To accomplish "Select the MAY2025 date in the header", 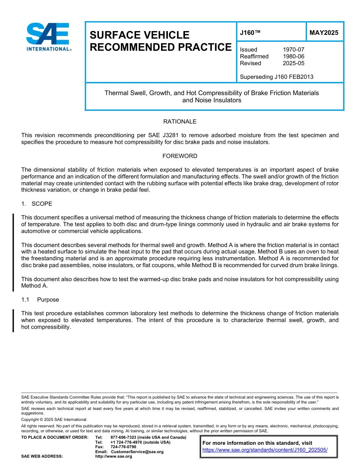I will tap(324, 33).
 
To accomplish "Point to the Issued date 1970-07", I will tap(293, 50).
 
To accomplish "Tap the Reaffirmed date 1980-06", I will tap(293, 56).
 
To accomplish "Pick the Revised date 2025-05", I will tap(293, 63).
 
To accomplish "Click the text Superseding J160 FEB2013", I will tap(277, 77).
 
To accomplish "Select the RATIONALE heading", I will tap(180, 122).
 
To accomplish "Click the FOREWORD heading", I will tap(180, 156).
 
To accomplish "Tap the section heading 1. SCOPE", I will tap(37, 204).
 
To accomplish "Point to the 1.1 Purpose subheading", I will tap(40, 300).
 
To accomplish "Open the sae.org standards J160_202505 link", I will tap(265, 450).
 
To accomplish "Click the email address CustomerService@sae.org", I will tap(137, 452).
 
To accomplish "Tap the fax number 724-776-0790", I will tap(123, 447).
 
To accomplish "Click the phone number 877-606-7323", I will tap(124, 438).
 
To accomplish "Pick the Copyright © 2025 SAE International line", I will tap(54, 419).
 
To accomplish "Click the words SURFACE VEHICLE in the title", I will tap(139, 35).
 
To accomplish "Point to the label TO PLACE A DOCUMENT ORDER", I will tap(55, 438).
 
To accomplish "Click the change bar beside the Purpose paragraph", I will tap(13, 321).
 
